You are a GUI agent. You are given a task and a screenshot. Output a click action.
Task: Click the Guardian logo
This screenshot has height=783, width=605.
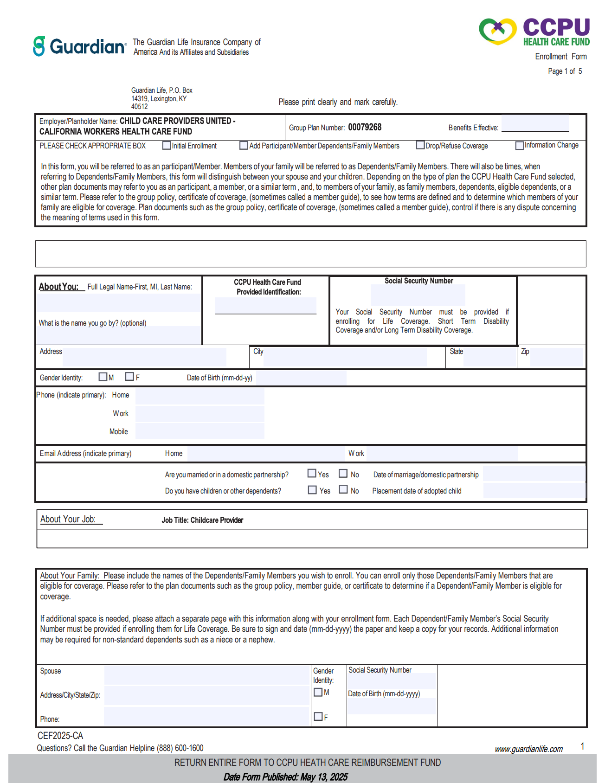(79, 46)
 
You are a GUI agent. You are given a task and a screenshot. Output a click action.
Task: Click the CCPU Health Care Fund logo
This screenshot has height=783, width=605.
(534, 32)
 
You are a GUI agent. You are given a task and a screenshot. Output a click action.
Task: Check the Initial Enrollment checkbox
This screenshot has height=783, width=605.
(167, 146)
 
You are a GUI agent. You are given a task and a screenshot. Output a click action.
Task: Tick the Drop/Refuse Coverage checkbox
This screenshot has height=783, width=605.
(420, 145)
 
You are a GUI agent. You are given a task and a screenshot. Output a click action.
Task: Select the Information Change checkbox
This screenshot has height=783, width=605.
(520, 146)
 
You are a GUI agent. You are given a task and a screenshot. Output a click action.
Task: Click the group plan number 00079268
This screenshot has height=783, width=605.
(365, 127)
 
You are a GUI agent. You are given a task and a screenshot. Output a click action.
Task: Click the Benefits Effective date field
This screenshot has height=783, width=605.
(535, 123)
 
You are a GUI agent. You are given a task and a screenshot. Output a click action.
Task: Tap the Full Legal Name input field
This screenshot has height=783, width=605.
(119, 303)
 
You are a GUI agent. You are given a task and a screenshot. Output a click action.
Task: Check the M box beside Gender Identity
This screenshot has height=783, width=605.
(103, 377)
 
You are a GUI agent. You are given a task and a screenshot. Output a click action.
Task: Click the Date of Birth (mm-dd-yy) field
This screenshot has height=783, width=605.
(301, 378)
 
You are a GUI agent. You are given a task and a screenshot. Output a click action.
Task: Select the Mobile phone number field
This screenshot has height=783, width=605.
(200, 431)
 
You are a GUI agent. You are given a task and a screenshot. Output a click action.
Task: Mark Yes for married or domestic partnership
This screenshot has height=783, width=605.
(312, 473)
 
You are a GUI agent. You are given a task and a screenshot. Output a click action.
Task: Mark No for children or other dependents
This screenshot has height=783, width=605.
(343, 489)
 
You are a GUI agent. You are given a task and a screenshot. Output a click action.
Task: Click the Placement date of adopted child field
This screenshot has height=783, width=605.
(534, 490)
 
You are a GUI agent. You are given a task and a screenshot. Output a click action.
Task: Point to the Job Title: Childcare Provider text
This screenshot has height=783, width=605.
(202, 520)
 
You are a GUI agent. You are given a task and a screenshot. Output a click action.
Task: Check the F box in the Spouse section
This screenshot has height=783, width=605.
(318, 716)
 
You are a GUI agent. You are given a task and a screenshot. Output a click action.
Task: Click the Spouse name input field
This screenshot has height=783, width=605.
(207, 675)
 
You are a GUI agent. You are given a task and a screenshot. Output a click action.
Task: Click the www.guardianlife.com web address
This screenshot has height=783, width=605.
(528, 749)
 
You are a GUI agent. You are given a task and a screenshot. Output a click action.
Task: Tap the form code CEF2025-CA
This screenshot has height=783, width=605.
(60, 736)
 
